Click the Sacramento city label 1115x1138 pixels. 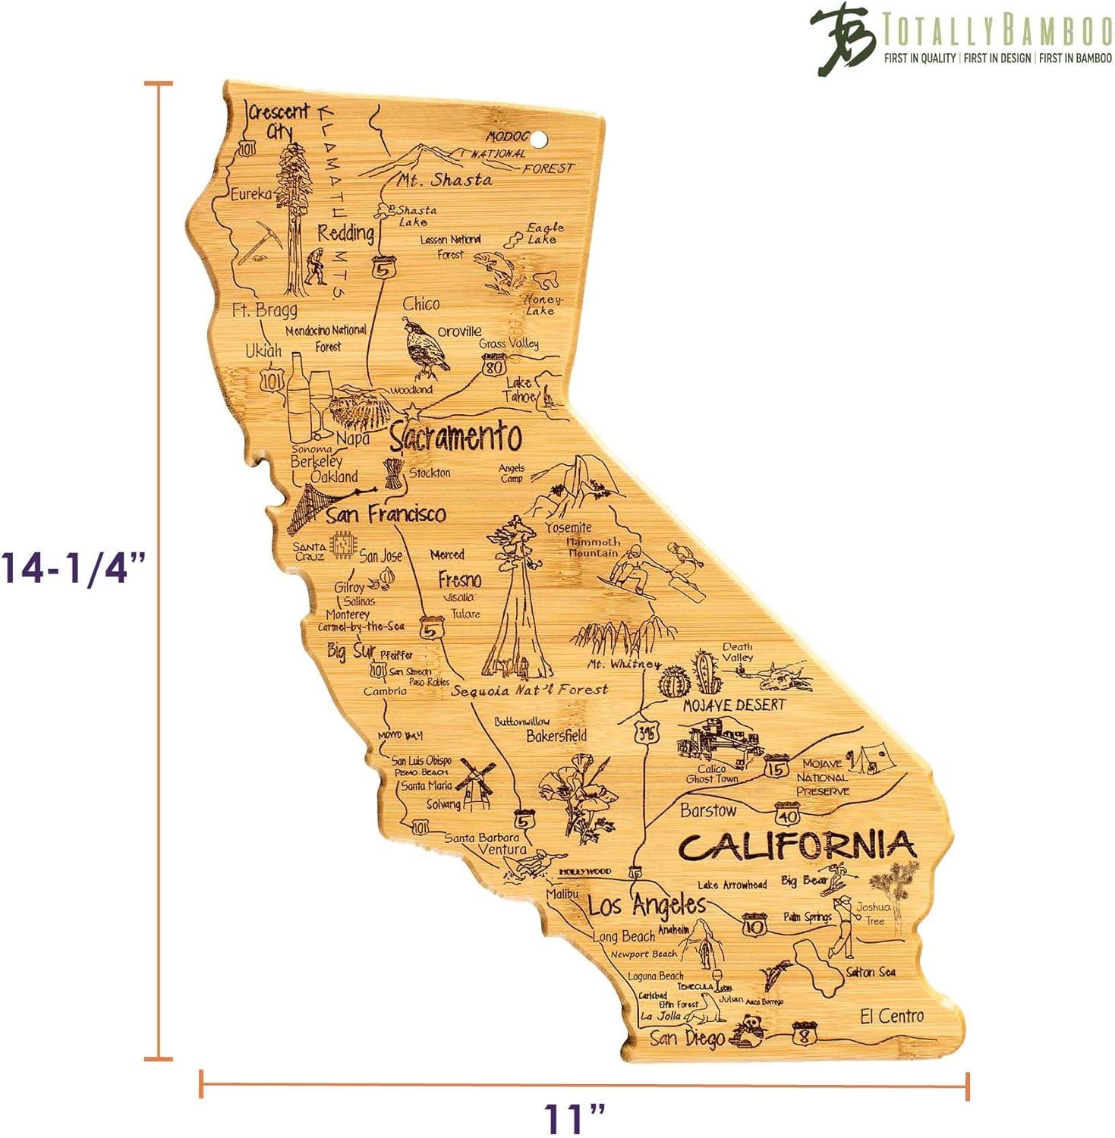tap(455, 437)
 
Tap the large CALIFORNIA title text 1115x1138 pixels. tap(797, 845)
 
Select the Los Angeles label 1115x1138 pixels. tap(647, 904)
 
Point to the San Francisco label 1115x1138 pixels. tap(386, 514)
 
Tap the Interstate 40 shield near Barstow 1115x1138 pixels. tap(788, 816)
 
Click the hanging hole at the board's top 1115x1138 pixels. tap(539, 139)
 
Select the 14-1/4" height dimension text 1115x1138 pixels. tap(74, 567)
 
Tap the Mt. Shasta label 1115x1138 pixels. tap(444, 181)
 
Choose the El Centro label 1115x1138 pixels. tap(892, 1016)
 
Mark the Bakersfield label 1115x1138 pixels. tap(556, 736)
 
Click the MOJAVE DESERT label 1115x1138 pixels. tap(734, 705)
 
